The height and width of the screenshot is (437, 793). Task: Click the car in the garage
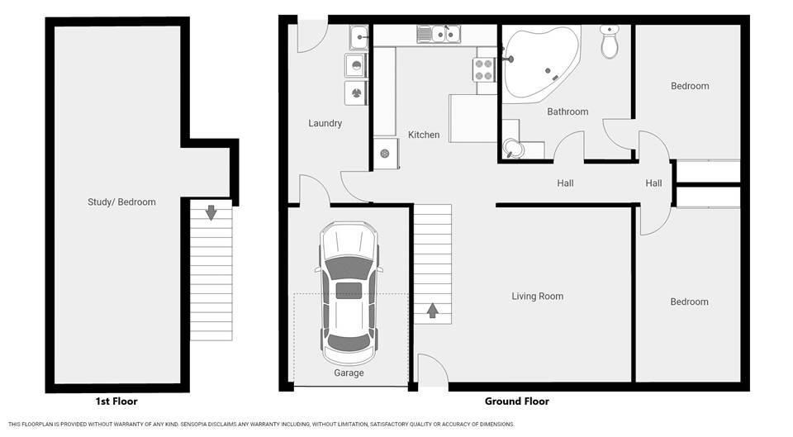click(x=349, y=293)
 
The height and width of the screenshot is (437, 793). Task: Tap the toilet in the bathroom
click(x=610, y=41)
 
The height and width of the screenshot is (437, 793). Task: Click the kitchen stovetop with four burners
click(x=484, y=69)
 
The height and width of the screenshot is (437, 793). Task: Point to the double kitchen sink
click(x=439, y=35)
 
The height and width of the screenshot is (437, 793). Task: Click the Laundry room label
click(x=325, y=123)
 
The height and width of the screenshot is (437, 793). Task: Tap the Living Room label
click(x=537, y=297)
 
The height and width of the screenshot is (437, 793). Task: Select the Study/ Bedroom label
click(x=121, y=202)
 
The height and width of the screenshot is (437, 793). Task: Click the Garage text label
click(x=349, y=373)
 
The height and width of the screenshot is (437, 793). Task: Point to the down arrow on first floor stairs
click(x=211, y=212)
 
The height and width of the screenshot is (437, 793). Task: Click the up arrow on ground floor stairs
click(x=432, y=311)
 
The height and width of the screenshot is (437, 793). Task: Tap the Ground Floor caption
click(x=517, y=401)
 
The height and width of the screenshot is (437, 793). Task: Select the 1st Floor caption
click(x=116, y=401)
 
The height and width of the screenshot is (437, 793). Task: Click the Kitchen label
click(x=424, y=135)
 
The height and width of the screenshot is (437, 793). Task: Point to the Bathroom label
click(x=567, y=112)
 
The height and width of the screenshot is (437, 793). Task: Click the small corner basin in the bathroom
click(x=513, y=148)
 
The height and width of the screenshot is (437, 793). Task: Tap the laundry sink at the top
click(x=359, y=37)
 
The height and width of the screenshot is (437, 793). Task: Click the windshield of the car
click(x=349, y=267)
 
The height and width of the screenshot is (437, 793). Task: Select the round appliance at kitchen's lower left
click(x=385, y=154)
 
